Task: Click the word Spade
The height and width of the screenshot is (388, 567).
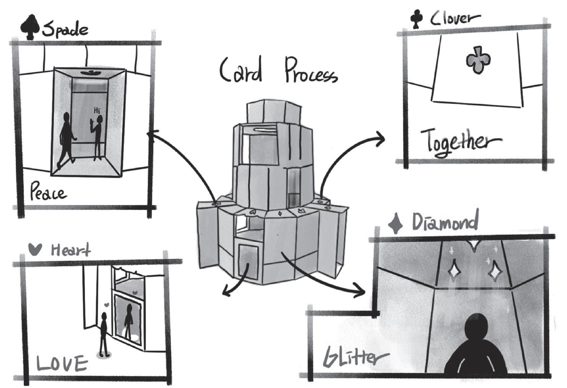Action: coord(65,29)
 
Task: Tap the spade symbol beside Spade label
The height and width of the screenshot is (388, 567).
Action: coord(30,27)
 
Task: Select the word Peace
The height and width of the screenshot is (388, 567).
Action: coord(48,192)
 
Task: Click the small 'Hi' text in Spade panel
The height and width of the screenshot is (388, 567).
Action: coord(97,111)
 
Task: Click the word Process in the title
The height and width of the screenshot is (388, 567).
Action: coord(310,71)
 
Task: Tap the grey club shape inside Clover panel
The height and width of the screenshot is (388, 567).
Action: coord(478,60)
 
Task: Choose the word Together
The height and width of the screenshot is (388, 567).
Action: coord(460,142)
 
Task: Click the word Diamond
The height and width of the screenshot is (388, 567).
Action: coord(445,222)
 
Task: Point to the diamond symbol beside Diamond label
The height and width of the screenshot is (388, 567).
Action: coord(395,224)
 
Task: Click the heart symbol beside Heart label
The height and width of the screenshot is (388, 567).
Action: coord(35,249)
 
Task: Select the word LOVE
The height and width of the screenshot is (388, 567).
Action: coord(62,364)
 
